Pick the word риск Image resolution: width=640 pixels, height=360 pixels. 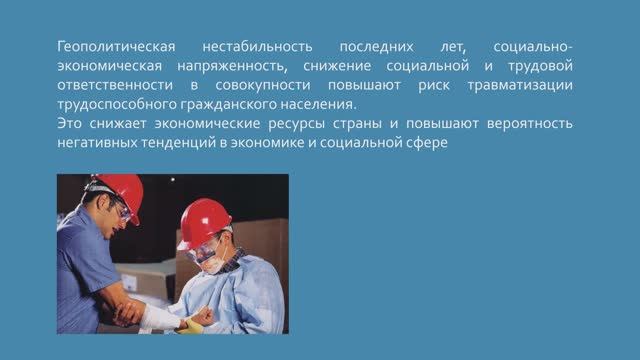pyautogui.click(x=435, y=85)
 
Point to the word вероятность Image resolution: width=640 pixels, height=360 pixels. pyautogui.click(x=521, y=123)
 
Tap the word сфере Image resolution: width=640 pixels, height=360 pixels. pyautogui.click(x=443, y=142)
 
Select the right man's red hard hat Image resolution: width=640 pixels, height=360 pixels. pyautogui.click(x=205, y=222)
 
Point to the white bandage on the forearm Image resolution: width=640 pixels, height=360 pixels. pyautogui.click(x=160, y=318)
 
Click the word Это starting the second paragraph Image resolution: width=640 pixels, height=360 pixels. pyautogui.click(x=70, y=123)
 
